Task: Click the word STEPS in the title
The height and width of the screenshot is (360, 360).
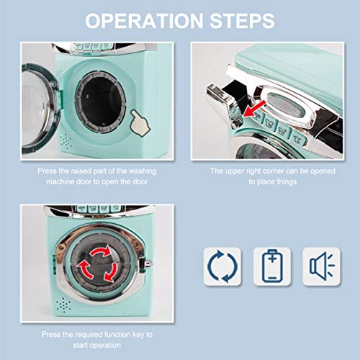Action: pos(241,19)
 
